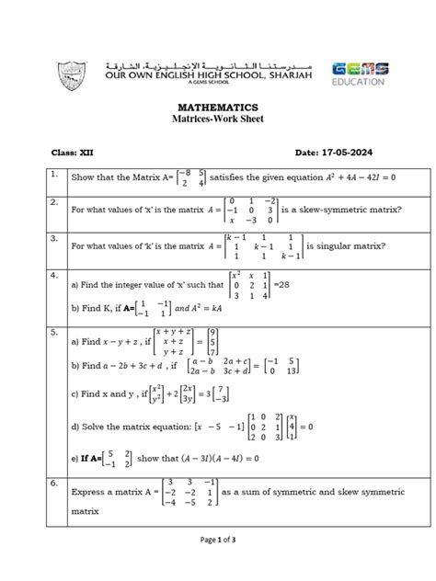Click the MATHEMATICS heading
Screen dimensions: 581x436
(217, 108)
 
